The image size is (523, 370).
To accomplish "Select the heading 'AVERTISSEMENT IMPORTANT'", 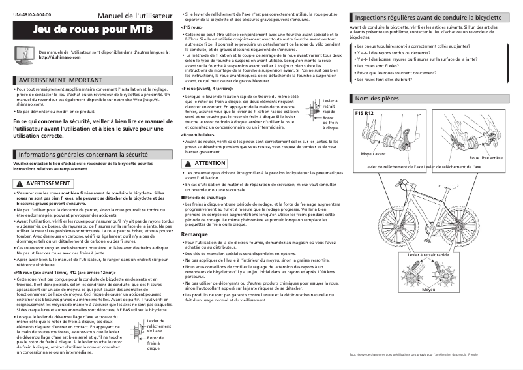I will coord(59,80).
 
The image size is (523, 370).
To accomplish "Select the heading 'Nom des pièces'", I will coord(376,98).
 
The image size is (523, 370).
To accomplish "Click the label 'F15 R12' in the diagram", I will coord(364,114).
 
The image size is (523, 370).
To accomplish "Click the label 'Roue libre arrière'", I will coord(486,158).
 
